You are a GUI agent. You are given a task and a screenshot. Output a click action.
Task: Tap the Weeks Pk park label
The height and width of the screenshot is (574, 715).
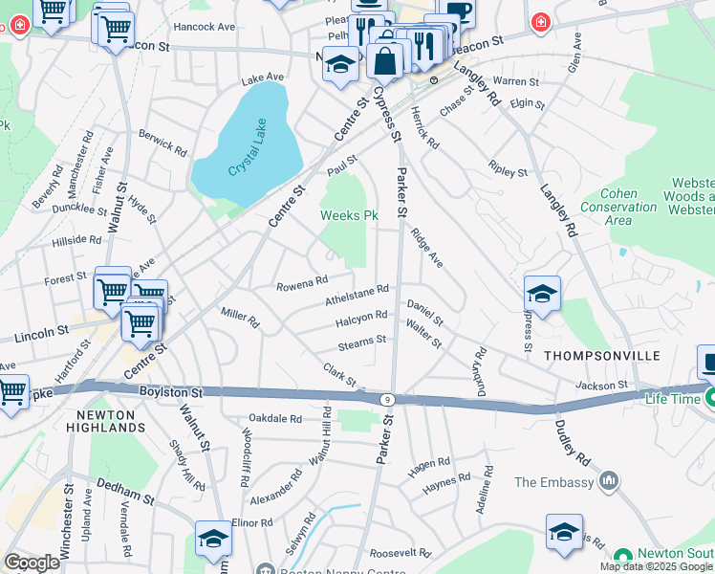pos(349,215)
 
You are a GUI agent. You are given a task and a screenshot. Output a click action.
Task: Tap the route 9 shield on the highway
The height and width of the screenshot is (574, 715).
pos(387,399)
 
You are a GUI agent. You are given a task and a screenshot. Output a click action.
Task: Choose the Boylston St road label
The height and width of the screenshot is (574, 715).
pos(170,392)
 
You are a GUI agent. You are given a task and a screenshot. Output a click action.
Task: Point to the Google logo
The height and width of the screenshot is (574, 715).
pos(32,563)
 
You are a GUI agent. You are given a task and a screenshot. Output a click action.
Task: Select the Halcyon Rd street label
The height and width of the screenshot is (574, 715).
pos(360,319)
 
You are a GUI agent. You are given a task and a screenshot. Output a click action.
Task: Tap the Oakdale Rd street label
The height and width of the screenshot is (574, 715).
pos(275,419)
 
